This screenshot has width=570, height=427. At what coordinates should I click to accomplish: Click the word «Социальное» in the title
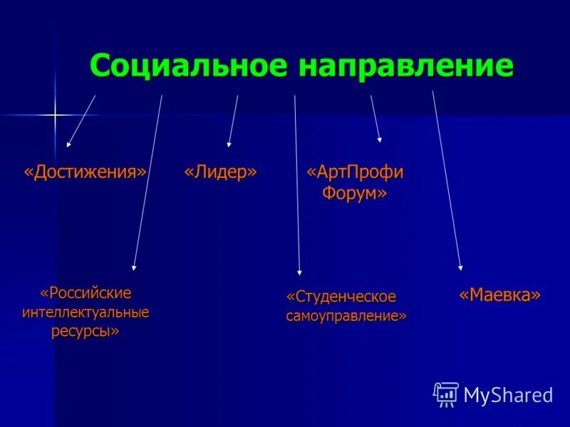[x=188, y=67]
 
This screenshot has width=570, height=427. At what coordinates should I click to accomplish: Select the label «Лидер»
[x=221, y=173]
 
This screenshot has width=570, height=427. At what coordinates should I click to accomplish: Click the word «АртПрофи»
[x=354, y=173]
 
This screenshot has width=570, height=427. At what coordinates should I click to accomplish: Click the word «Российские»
[x=86, y=293]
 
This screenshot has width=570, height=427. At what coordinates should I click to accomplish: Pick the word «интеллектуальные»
[x=85, y=312]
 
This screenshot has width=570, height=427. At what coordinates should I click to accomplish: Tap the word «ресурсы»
[x=85, y=332]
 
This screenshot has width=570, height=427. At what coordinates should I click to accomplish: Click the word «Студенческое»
[x=341, y=296]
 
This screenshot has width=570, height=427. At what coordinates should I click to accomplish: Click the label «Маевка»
[x=499, y=295]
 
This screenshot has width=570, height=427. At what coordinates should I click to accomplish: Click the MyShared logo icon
[x=446, y=394]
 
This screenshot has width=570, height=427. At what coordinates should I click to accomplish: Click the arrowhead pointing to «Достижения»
[x=69, y=143]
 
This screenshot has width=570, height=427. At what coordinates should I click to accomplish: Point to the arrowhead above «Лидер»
[x=229, y=143]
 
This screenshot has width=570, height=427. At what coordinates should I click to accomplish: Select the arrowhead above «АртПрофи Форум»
[x=380, y=138]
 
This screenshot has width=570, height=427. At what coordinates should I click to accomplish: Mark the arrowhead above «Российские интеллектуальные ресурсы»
[x=133, y=267]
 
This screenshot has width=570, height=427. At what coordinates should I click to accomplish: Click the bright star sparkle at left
[x=55, y=114]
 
